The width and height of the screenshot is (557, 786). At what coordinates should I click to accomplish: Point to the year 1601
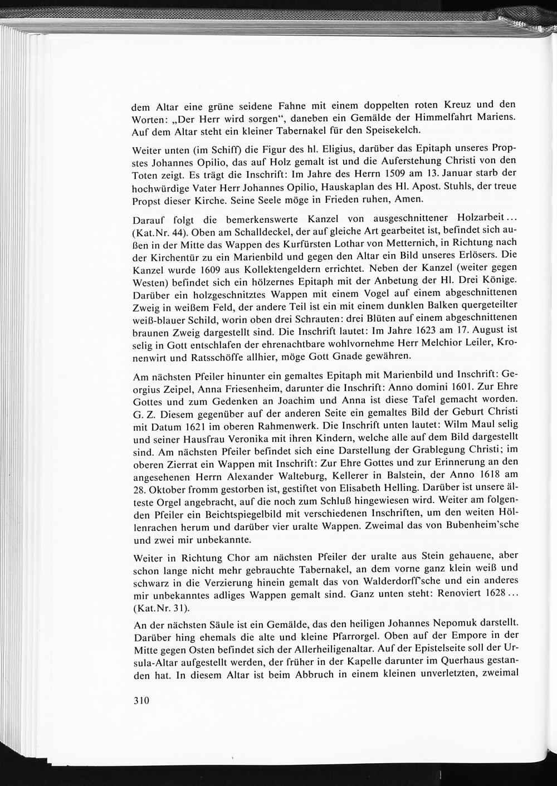click(446, 389)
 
